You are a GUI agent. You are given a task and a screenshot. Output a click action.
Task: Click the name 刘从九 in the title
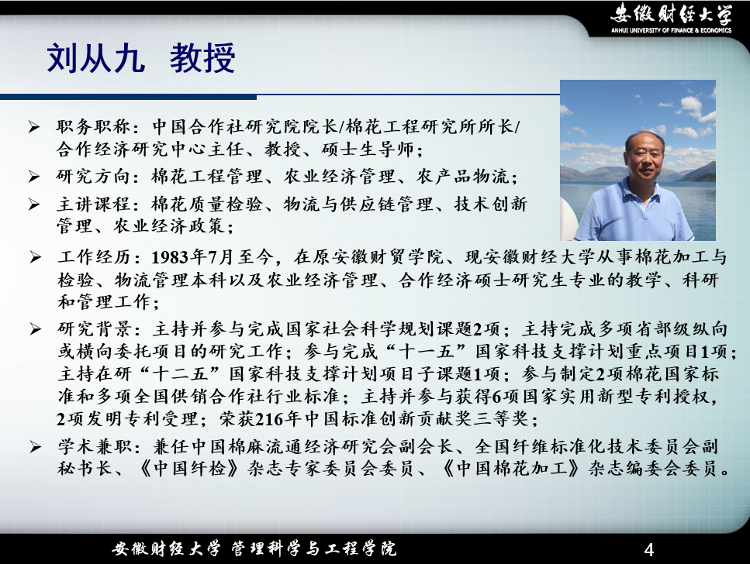95,58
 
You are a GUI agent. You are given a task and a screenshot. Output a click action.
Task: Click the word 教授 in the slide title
202,58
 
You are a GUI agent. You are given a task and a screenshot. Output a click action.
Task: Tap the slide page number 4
649,549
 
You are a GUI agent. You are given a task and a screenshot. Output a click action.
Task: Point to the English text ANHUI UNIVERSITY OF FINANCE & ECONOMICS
671,30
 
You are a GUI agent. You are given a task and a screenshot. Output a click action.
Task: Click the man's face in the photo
645,156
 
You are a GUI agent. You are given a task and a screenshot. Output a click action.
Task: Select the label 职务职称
93,126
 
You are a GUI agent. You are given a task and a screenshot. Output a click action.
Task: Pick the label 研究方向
93,177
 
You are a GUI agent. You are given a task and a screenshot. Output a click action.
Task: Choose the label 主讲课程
93,205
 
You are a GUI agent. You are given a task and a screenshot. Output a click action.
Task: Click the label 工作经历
94,257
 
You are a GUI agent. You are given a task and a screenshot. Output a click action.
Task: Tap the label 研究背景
94,329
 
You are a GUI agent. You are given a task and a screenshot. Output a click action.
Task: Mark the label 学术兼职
94,447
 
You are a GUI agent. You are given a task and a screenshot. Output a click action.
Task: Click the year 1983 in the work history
170,258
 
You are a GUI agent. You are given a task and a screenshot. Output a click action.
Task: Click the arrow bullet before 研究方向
34,177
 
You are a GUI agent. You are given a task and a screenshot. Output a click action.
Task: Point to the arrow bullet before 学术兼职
35,447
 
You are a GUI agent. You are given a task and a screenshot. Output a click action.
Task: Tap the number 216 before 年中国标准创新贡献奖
270,419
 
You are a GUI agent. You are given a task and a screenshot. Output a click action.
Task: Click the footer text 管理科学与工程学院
314,549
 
